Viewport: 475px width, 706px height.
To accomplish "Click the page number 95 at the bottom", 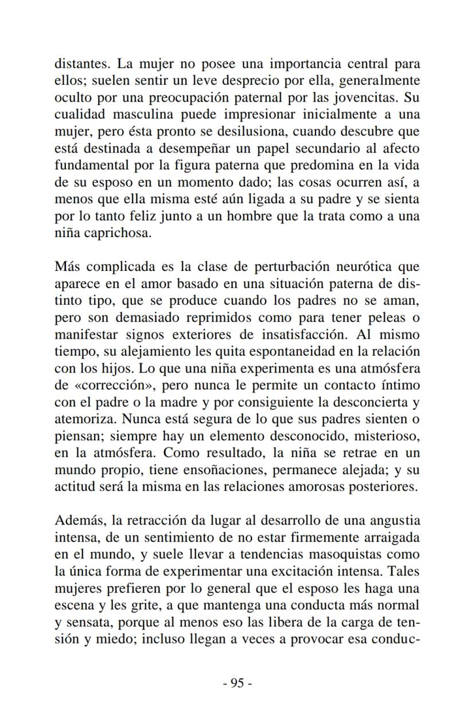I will click(237, 682).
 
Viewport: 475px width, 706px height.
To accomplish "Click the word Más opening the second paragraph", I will click(67, 266).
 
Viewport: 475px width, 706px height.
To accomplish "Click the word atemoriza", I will click(83, 420).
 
